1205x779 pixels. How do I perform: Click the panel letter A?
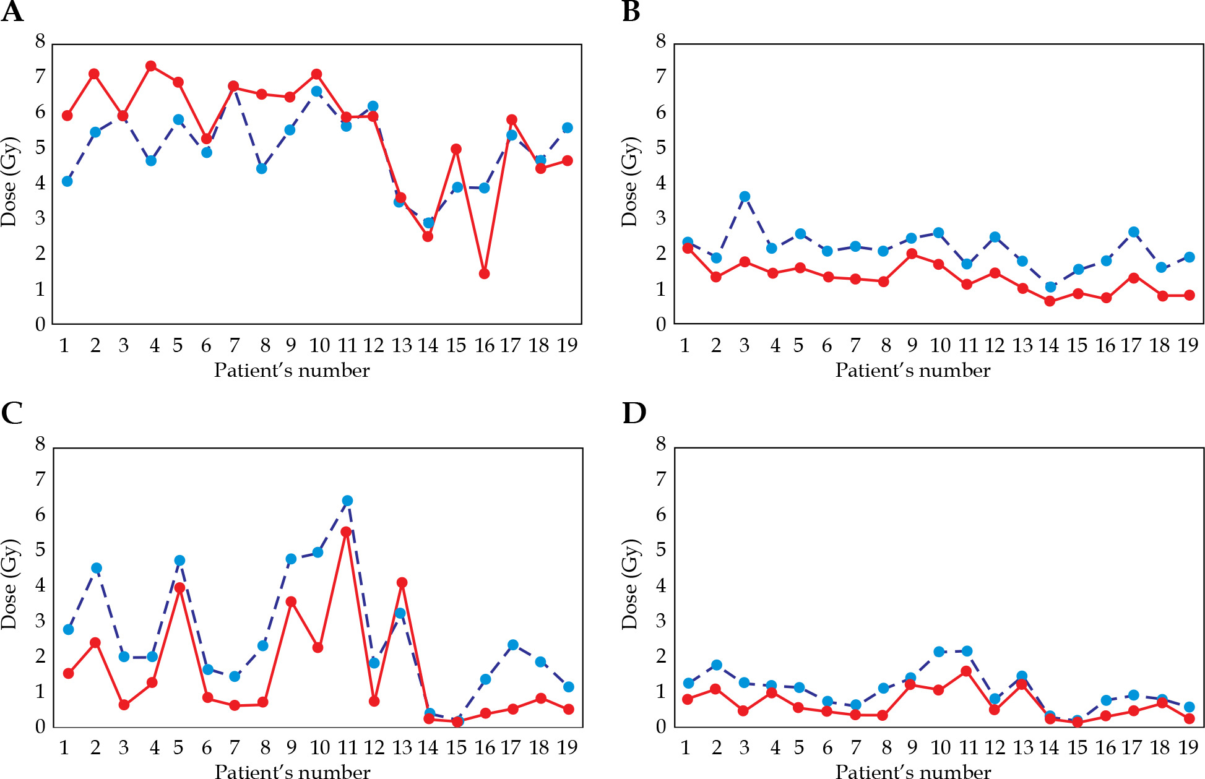(12, 11)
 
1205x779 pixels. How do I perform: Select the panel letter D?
(634, 413)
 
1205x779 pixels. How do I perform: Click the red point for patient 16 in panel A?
(484, 273)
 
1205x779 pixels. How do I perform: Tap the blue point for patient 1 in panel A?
(67, 181)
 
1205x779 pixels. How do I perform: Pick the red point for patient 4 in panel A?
(151, 66)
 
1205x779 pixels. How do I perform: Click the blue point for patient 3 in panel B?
(745, 197)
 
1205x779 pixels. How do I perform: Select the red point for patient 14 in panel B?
(1050, 301)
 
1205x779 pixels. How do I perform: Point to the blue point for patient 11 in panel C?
(347, 501)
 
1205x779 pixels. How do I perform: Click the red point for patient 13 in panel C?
(402, 582)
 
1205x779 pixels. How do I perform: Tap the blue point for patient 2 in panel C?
(96, 568)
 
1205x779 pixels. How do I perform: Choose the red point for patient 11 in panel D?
(966, 671)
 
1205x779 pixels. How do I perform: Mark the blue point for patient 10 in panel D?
(938, 652)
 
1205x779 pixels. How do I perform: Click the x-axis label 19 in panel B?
(1188, 345)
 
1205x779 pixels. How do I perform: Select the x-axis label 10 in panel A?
(319, 345)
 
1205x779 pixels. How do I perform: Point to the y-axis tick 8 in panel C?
(40, 444)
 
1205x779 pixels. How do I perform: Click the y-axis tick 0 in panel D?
(661, 726)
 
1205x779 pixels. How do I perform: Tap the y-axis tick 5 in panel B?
(661, 147)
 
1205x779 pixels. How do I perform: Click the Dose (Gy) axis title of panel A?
(10, 182)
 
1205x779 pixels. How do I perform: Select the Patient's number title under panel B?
(912, 371)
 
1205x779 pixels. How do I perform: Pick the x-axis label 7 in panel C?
(234, 748)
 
